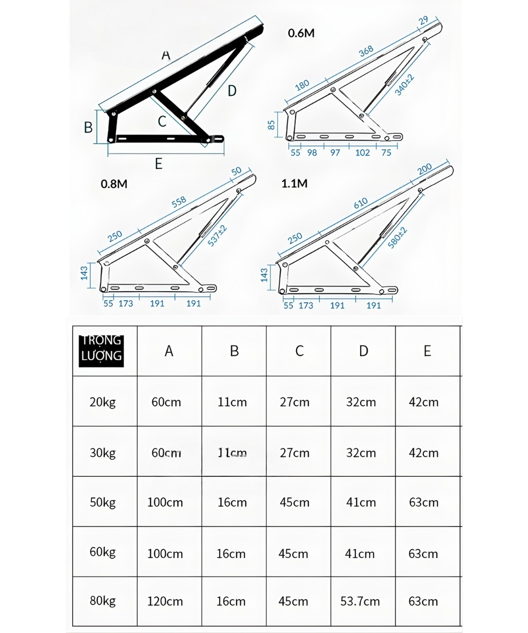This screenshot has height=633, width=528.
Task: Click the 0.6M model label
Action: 301,33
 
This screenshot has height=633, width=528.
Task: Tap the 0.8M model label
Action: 114,184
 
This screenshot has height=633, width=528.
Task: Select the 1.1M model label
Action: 295,184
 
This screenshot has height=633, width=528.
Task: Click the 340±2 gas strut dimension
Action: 405,84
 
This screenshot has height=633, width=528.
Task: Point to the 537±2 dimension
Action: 217,236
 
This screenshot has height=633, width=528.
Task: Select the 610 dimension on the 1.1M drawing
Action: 361,203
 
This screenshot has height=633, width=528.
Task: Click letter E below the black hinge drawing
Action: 158,164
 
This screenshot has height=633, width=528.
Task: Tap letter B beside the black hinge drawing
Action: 89,127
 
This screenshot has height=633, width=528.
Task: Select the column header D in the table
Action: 363,351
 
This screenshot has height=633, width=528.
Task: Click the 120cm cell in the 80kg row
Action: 165,601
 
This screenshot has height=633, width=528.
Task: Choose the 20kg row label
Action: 102,402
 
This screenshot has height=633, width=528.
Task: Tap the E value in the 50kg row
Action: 423,502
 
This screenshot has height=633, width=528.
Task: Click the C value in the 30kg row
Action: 295,453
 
